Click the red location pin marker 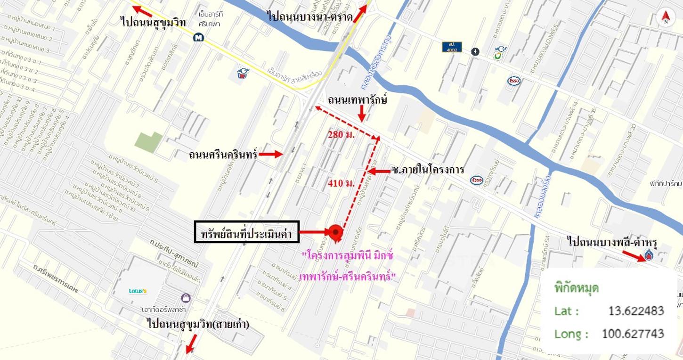[335, 232]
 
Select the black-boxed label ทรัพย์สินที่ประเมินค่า [247, 232]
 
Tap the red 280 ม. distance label [341, 135]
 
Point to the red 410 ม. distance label [341, 183]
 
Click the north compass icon [666, 18]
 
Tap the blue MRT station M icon [198, 37]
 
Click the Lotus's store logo [138, 291]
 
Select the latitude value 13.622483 [636, 311]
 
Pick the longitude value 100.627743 [633, 334]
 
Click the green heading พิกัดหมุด [577, 288]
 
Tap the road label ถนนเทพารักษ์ [358, 100]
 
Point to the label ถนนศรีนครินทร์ [223, 154]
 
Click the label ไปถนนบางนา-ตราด [309, 17]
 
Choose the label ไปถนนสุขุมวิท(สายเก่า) [198, 324]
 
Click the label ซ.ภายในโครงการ [428, 170]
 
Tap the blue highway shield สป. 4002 [452, 47]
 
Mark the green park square [148, 142]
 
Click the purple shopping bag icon [186, 298]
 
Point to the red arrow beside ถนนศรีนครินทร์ [270, 154]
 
